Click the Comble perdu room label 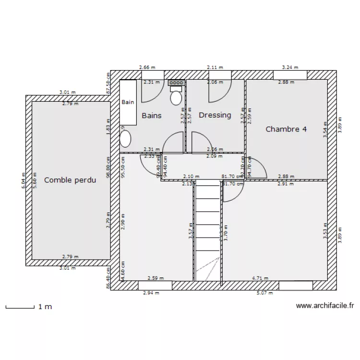(x=70, y=180)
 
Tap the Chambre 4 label (x=286, y=129)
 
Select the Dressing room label (x=215, y=115)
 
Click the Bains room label (x=151, y=116)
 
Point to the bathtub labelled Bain (x=128, y=102)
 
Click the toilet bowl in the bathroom (x=176, y=98)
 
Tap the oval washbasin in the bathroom (x=125, y=139)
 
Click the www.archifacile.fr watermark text (x=325, y=305)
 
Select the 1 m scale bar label (x=45, y=306)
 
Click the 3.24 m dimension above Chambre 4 (x=290, y=68)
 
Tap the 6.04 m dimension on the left (x=23, y=180)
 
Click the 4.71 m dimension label (x=261, y=277)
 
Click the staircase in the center (x=207, y=230)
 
